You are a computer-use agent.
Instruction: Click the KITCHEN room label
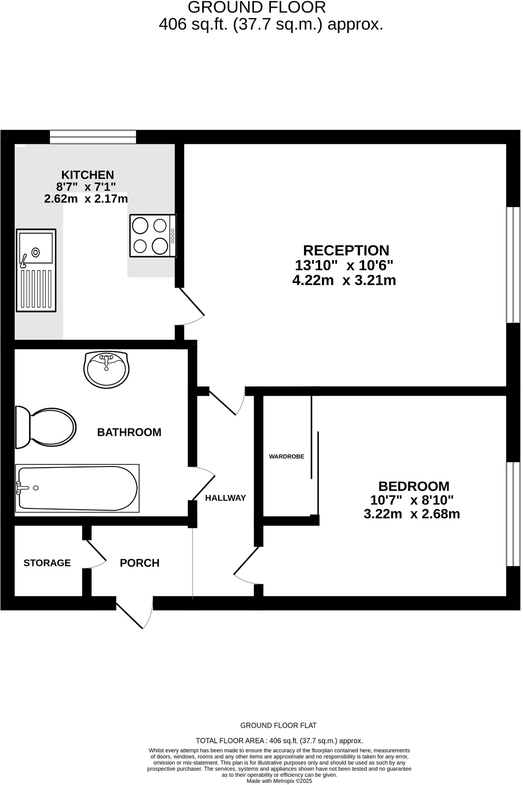[x=87, y=175]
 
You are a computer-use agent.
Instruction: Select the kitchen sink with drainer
[x=36, y=270]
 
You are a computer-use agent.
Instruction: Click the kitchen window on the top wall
[x=93, y=137]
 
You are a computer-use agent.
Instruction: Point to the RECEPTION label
[x=346, y=250]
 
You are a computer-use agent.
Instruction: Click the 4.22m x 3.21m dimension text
[x=344, y=280]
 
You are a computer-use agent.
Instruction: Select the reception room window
[x=513, y=265]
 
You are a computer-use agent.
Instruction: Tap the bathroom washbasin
[x=106, y=369]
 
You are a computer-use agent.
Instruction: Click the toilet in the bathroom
[x=45, y=427]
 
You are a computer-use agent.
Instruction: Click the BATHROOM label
[x=129, y=432]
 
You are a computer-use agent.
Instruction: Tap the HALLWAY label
[x=226, y=498]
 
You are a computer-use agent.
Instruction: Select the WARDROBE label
[x=286, y=456]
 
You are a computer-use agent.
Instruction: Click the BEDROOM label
[x=413, y=486]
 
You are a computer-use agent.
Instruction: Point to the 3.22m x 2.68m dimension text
[x=411, y=514]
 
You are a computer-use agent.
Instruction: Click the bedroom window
[x=513, y=514]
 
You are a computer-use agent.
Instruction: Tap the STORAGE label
[x=47, y=563]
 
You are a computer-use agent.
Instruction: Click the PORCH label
[x=139, y=563]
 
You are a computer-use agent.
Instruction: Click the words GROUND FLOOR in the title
[x=257, y=7]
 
